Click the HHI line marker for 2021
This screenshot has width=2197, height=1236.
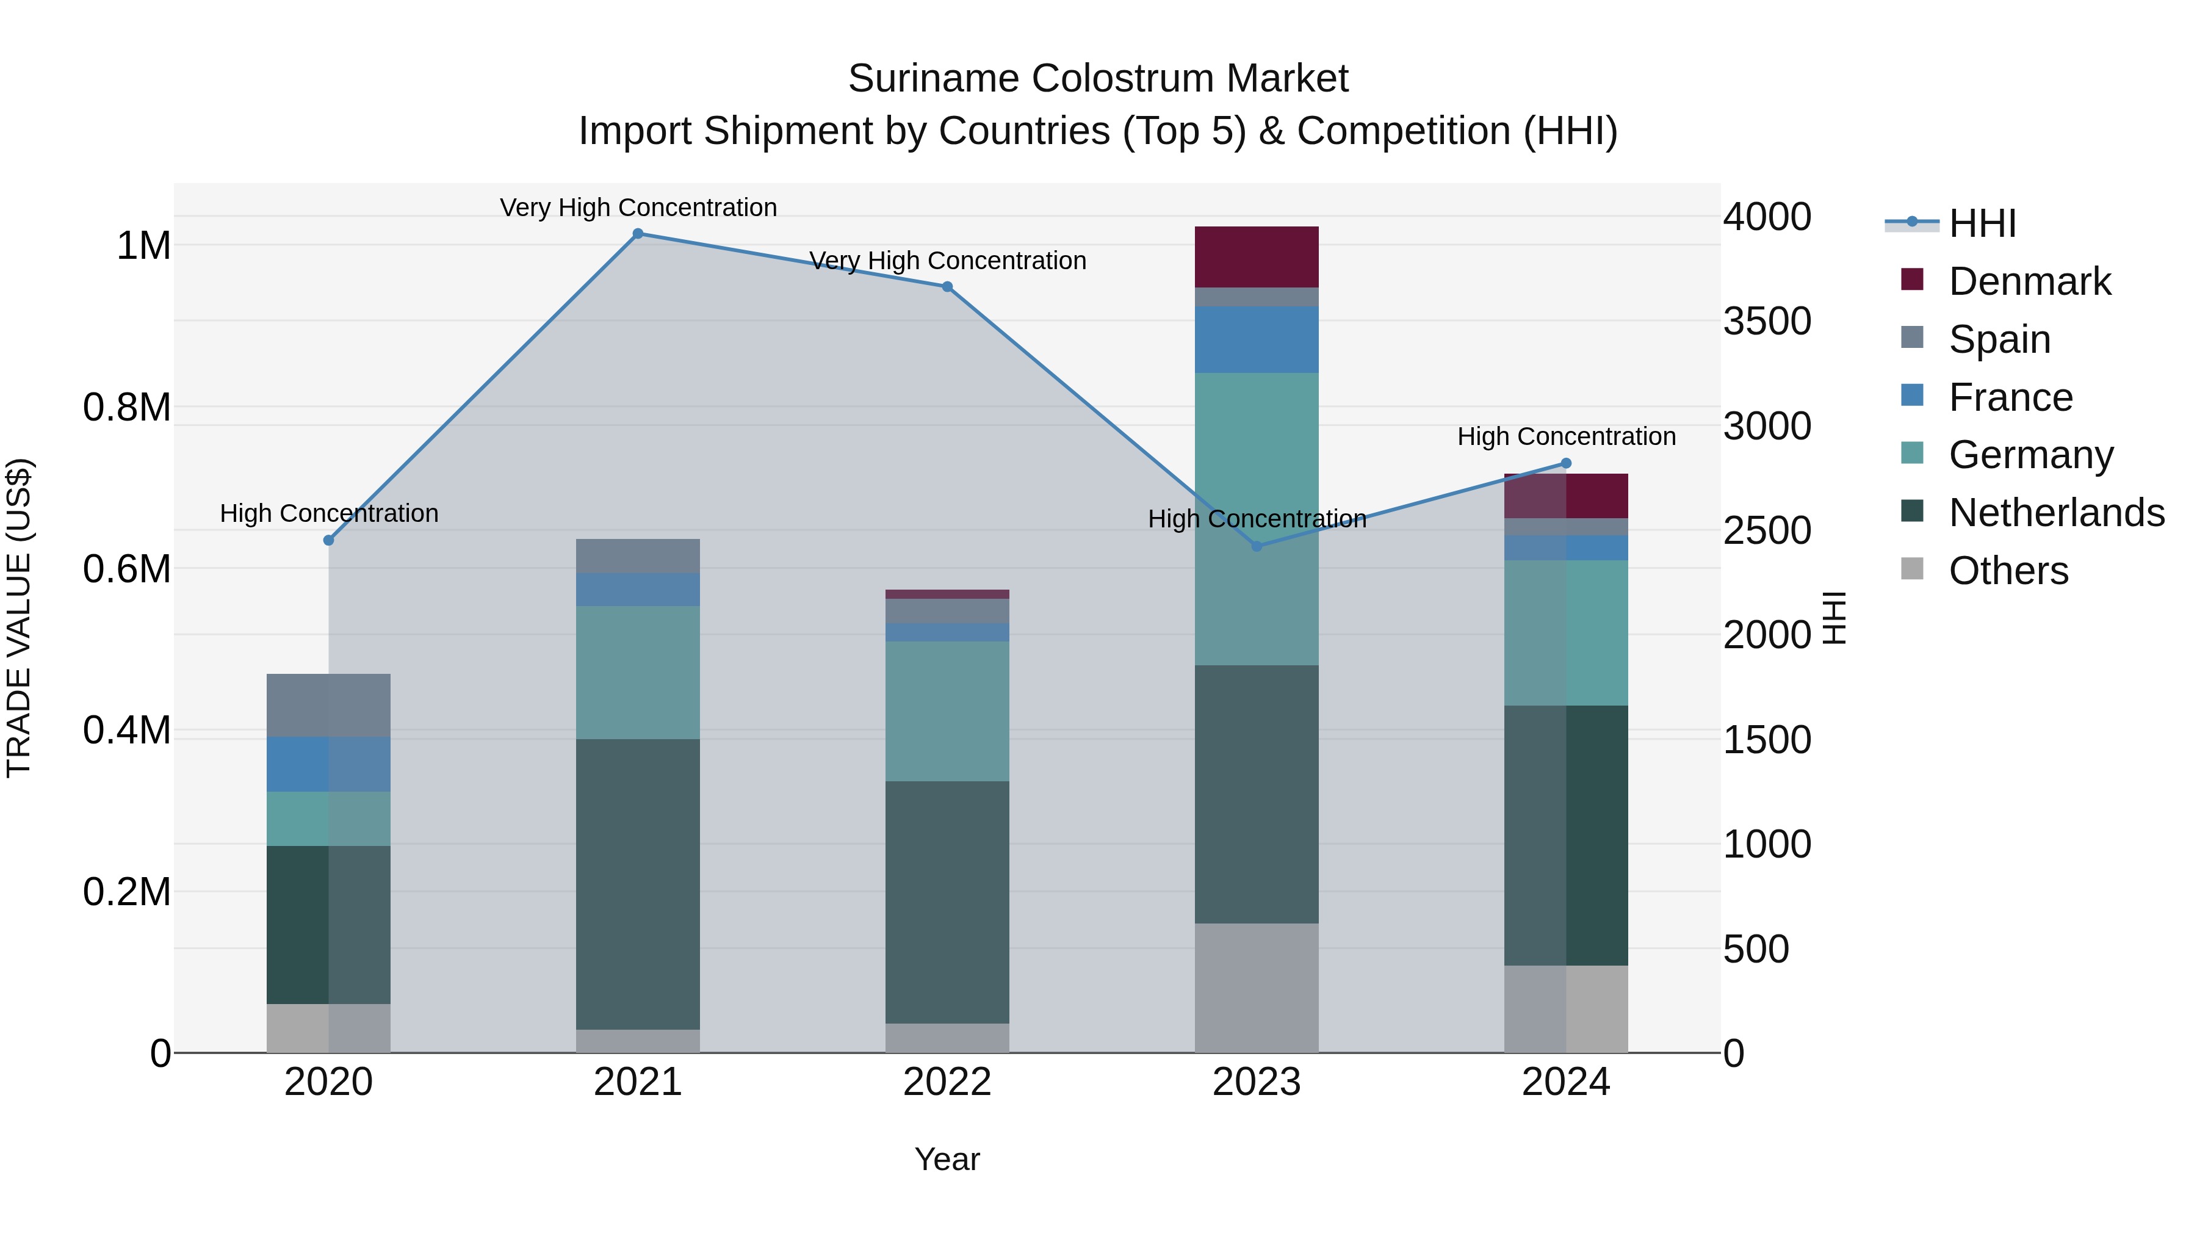pyautogui.click(x=638, y=234)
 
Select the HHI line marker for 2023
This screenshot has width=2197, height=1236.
pyautogui.click(x=1257, y=546)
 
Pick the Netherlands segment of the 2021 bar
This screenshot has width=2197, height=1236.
pyautogui.click(x=638, y=884)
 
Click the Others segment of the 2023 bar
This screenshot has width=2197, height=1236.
pyautogui.click(x=1257, y=988)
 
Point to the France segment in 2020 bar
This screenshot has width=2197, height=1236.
pyautogui.click(x=328, y=764)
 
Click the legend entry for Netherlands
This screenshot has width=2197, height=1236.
pyautogui.click(x=2055, y=513)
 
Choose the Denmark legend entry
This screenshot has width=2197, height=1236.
pyautogui.click(x=2029, y=281)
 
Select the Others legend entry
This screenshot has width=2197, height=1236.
pyautogui.click(x=2008, y=571)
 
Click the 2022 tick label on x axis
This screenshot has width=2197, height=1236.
pyautogui.click(x=947, y=1082)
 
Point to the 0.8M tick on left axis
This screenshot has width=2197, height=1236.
pyautogui.click(x=127, y=408)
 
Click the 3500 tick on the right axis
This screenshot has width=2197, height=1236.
pyautogui.click(x=1766, y=322)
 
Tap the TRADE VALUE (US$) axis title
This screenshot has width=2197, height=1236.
pyautogui.click(x=19, y=618)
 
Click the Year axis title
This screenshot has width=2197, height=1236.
pyautogui.click(x=947, y=1159)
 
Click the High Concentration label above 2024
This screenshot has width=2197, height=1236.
pyautogui.click(x=1566, y=437)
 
